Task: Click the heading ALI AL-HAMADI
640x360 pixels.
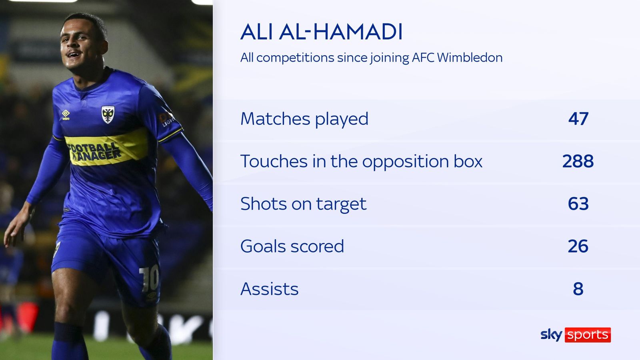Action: [x=321, y=32]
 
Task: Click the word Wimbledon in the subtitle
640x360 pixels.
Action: [x=470, y=58]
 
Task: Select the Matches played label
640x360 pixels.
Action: [x=304, y=119]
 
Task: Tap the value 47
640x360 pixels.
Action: [x=578, y=119]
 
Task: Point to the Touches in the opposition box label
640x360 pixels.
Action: [x=361, y=161]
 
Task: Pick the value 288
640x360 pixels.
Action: [x=578, y=161]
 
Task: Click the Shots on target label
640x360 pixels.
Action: [x=303, y=204]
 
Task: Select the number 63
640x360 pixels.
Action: [x=578, y=204]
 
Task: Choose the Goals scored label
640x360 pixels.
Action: [x=292, y=246]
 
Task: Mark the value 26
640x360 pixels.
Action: [x=578, y=246]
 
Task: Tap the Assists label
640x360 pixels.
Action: [x=269, y=289]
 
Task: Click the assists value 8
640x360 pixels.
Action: [x=578, y=289]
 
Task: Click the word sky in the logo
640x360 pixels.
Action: [x=551, y=334]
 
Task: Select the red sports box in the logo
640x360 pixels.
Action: [x=588, y=335]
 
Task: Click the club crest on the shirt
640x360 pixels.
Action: [x=108, y=114]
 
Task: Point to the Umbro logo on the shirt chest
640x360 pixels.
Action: [x=66, y=115]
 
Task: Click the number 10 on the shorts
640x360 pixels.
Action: [x=149, y=279]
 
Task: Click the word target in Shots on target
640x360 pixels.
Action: [x=341, y=204]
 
